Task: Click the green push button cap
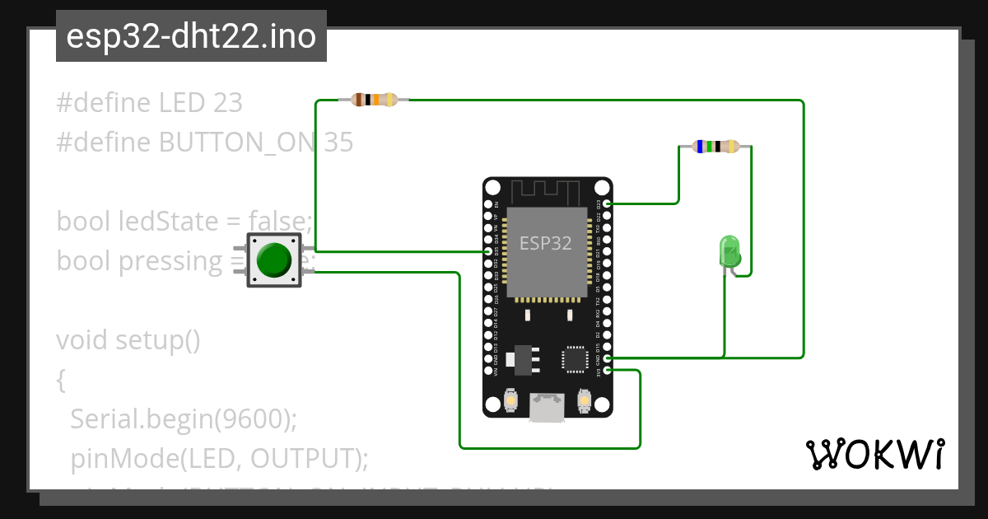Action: click(x=274, y=259)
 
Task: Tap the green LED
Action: click(x=729, y=250)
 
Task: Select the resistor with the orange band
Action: click(x=375, y=100)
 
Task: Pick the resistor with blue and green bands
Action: click(x=715, y=147)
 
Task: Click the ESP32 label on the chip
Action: click(x=545, y=243)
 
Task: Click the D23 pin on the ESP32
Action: click(x=607, y=203)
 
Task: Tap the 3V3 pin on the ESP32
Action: click(x=607, y=371)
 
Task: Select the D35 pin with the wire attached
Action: click(x=488, y=251)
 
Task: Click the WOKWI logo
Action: click(x=874, y=454)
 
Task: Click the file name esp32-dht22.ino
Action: click(x=191, y=36)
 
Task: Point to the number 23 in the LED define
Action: click(x=227, y=103)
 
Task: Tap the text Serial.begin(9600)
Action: click(x=183, y=418)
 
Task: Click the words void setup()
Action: click(x=128, y=339)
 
